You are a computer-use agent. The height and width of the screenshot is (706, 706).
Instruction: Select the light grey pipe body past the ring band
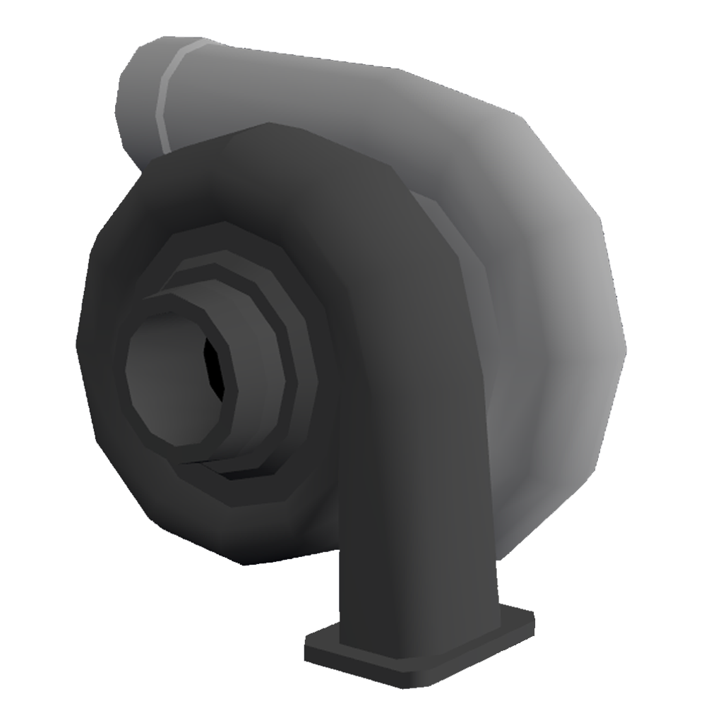click(247, 85)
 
